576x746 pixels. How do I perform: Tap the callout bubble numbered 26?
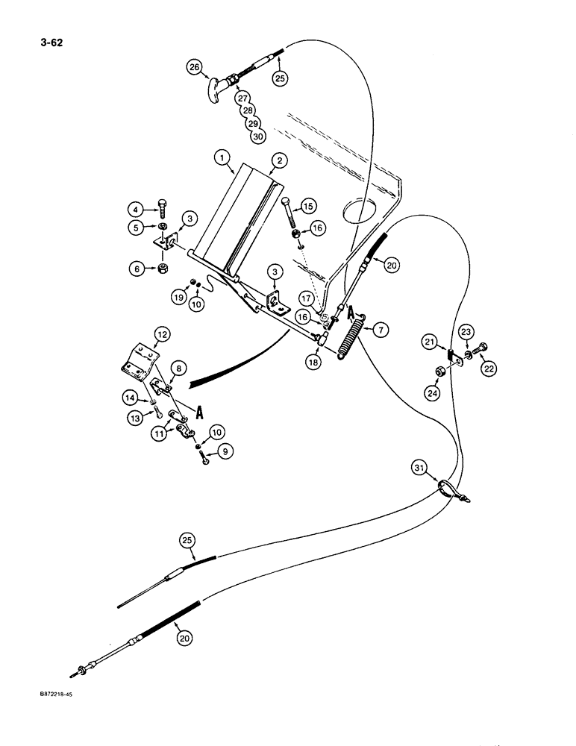(x=194, y=70)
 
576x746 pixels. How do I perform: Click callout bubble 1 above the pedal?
(x=220, y=158)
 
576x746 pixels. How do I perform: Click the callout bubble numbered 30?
(x=258, y=136)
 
